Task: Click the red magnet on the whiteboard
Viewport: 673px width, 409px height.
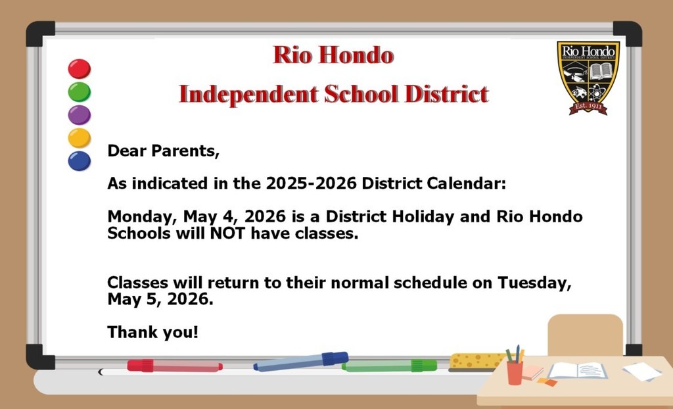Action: click(80, 68)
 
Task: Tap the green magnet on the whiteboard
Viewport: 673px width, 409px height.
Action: click(80, 91)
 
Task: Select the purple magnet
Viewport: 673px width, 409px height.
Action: click(80, 114)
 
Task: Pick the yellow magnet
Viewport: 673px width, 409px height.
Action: click(80, 137)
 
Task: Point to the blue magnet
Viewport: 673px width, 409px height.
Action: click(80, 160)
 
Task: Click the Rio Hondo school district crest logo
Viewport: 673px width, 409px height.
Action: click(588, 78)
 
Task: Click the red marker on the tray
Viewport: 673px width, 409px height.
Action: click(174, 366)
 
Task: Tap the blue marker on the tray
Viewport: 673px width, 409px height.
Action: click(301, 361)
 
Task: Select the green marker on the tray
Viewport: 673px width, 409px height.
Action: click(389, 366)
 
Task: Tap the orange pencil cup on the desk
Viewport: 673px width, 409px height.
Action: click(515, 372)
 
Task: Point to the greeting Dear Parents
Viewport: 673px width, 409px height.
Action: click(163, 151)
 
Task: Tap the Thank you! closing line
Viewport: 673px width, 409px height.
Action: click(152, 332)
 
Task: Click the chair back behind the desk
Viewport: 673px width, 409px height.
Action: click(585, 334)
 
